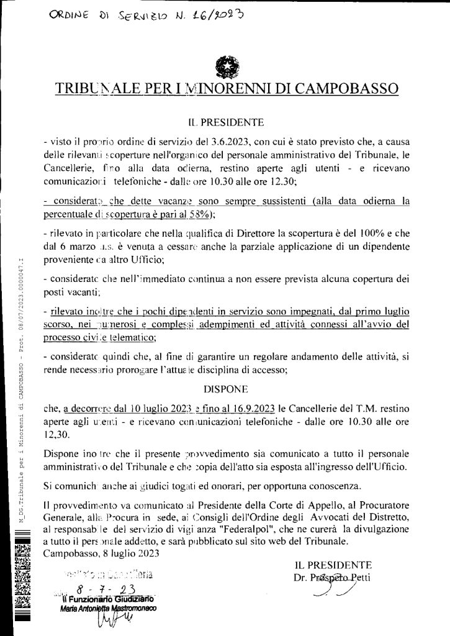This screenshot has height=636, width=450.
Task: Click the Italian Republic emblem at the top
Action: (224, 66)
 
